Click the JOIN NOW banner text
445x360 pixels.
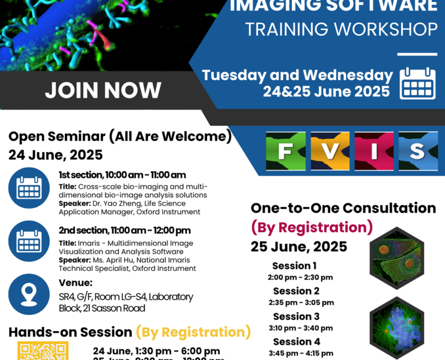[x=103, y=90]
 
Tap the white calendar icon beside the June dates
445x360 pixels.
[x=418, y=83]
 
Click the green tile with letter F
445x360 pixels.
[x=285, y=151]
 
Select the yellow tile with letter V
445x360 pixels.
[x=330, y=151]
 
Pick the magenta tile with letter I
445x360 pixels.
[x=373, y=151]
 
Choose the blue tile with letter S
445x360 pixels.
[x=418, y=151]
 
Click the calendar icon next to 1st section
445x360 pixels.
[x=29, y=188]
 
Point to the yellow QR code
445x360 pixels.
[x=43, y=351]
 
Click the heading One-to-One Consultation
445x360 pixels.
[x=343, y=208]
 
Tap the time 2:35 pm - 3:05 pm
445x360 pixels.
[x=301, y=303]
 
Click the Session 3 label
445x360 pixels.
[x=296, y=316]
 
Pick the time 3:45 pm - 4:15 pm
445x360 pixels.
[x=301, y=353]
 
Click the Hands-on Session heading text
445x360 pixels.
[x=70, y=332]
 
